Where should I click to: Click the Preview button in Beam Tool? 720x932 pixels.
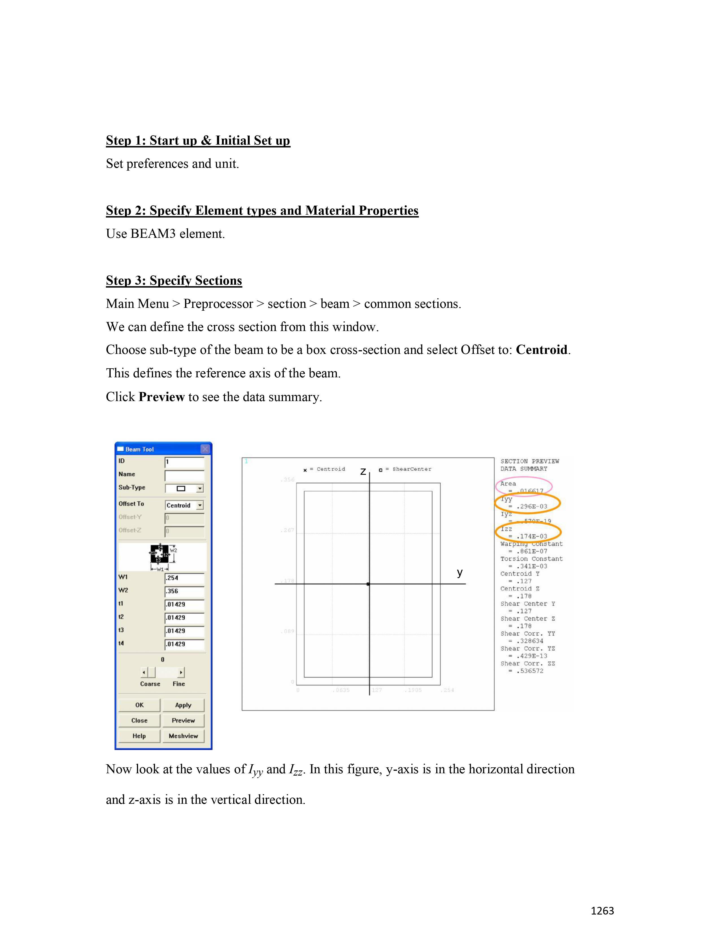pos(183,720)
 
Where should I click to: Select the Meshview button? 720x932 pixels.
pos(183,736)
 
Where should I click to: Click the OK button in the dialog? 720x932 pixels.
pos(139,705)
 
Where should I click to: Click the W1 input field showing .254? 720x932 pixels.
pos(184,578)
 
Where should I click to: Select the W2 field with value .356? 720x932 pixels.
pos(184,591)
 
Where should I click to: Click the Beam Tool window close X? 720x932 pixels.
pos(205,449)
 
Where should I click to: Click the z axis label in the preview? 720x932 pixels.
pos(363,471)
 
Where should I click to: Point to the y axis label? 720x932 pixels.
pos(459,572)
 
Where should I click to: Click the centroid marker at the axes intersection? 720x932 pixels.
pos(368,584)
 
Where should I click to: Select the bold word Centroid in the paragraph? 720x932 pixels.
pos(541,350)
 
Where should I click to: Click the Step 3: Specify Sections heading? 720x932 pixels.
pos(174,280)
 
